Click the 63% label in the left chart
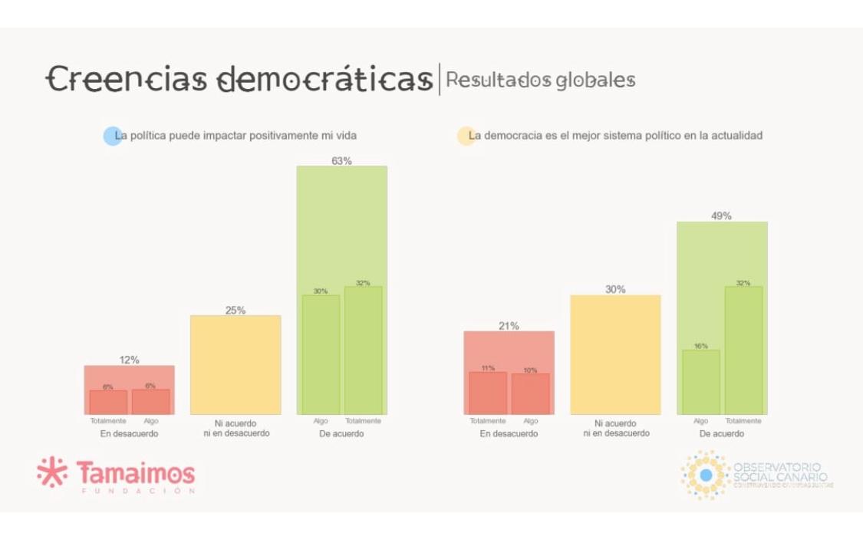click(x=341, y=161)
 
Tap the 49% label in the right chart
click(x=721, y=216)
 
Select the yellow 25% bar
click(x=236, y=365)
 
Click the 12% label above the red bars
click(x=129, y=360)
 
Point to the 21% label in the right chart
click(x=509, y=326)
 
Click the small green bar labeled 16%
click(x=701, y=382)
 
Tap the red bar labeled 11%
click(x=488, y=393)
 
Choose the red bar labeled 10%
click(x=530, y=393)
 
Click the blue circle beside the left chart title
click(x=113, y=137)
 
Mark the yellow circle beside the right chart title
click(x=466, y=137)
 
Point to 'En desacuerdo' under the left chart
click(x=129, y=434)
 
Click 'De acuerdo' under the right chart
click(x=721, y=434)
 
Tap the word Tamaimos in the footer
click(x=135, y=472)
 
